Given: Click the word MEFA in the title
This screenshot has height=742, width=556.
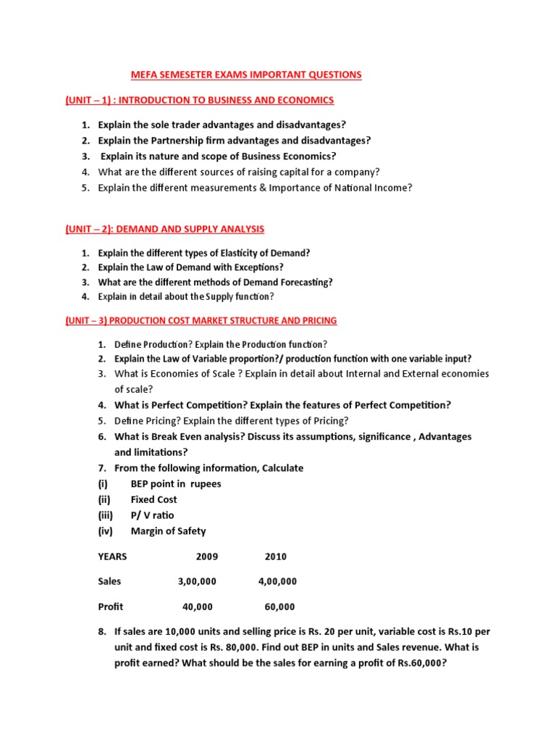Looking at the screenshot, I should pos(143,75).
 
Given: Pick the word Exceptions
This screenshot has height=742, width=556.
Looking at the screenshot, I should pos(253,267).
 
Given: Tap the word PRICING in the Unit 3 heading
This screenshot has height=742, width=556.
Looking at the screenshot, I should pos(317,320).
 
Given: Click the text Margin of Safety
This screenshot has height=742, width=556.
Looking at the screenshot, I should pos(168,531).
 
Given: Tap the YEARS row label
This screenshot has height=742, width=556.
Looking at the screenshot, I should pos(112,556).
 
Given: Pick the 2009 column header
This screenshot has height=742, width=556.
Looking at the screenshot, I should pos(206,556).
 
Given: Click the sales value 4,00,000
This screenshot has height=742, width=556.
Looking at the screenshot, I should pos(277,581).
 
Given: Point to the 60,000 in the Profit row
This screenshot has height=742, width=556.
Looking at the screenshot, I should pos(279,606).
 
